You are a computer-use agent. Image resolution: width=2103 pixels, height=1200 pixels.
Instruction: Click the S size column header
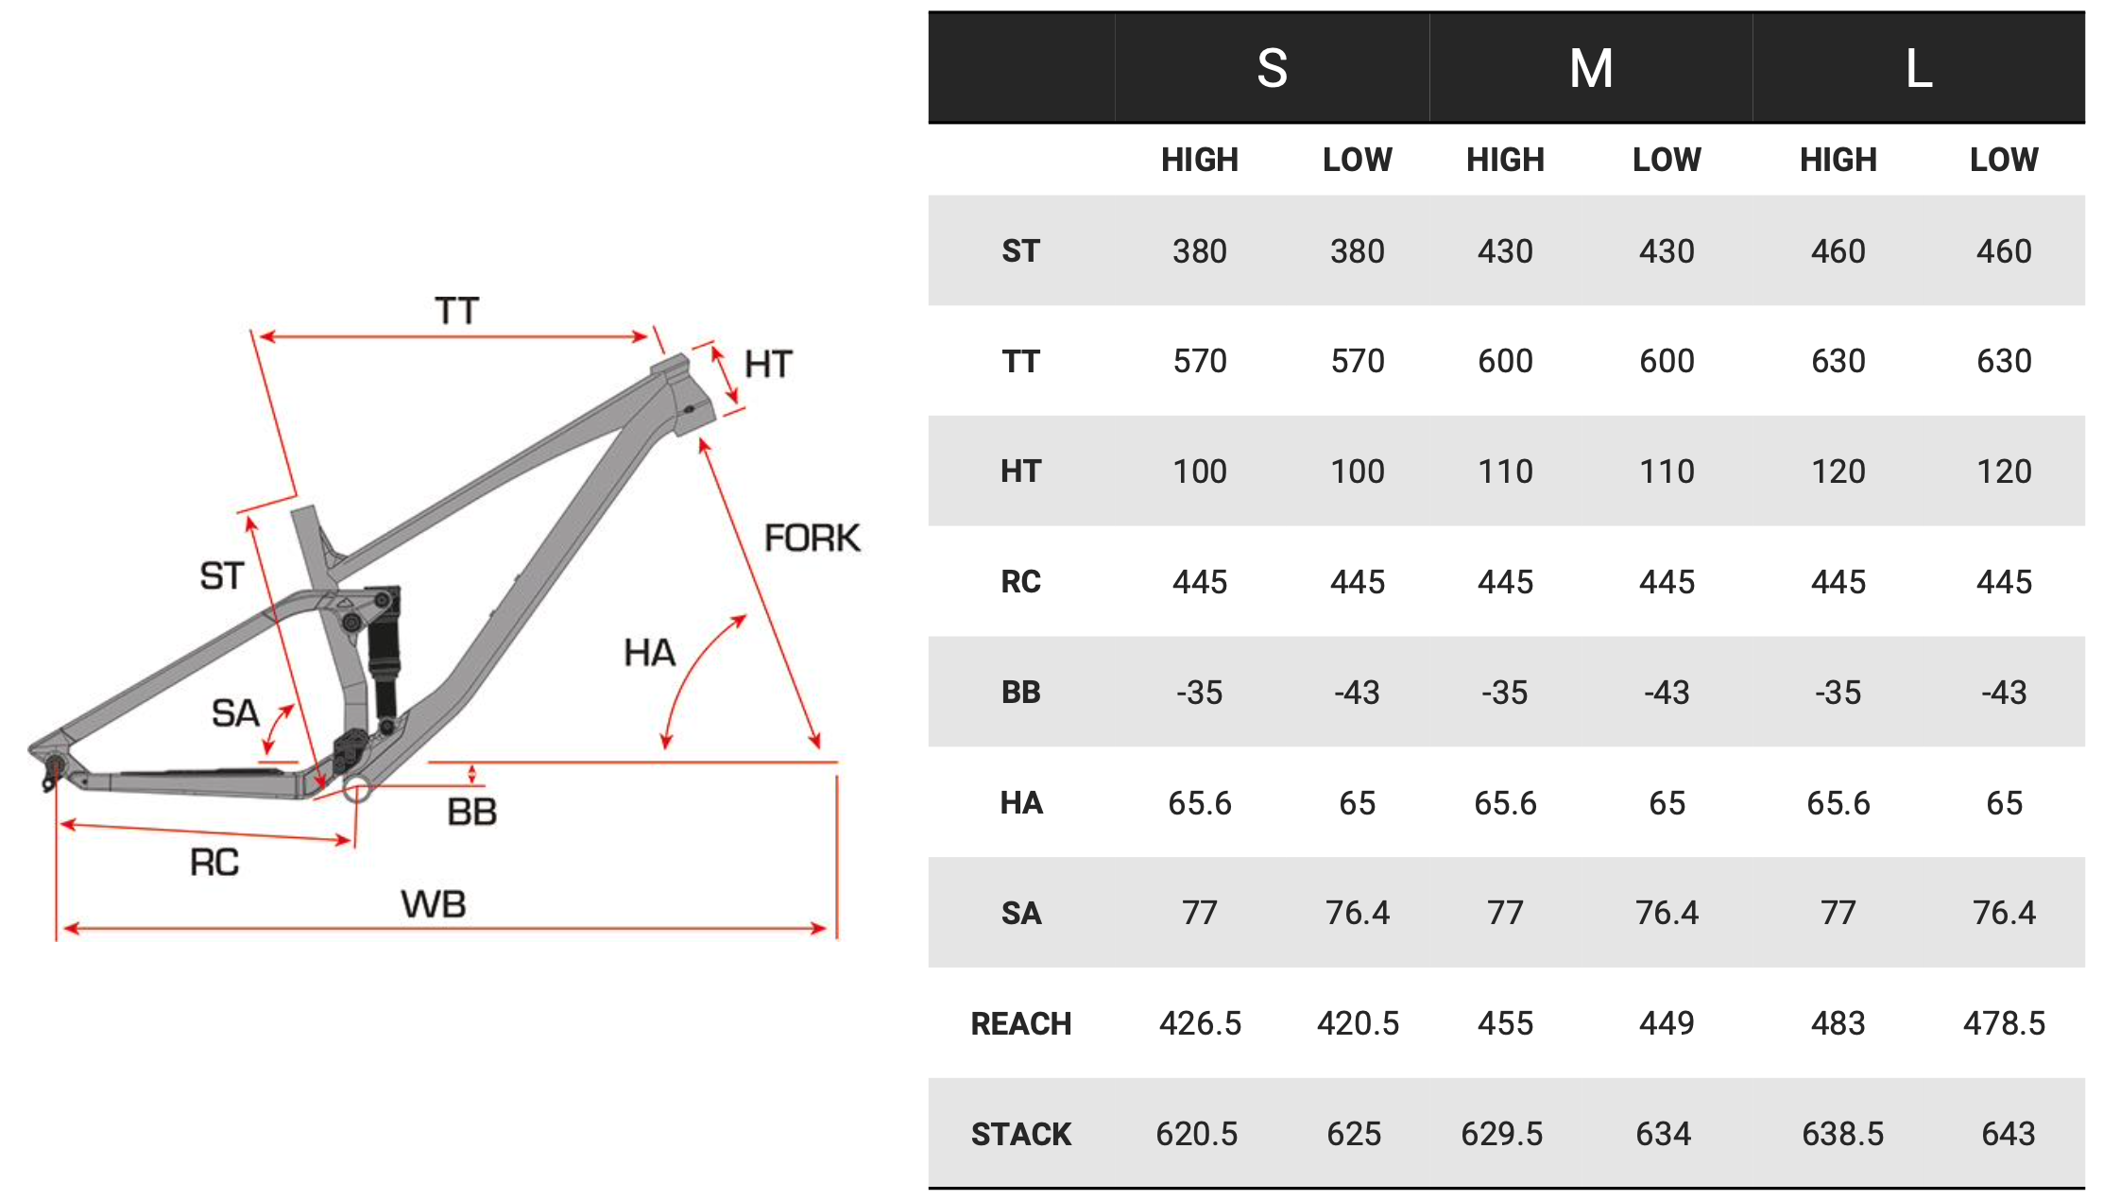point(1272,68)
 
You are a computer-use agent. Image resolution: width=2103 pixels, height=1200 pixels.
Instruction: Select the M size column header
point(1591,68)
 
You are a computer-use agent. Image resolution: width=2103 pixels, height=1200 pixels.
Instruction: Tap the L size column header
point(1919,68)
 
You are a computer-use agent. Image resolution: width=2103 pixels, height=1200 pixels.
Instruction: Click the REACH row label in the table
point(1021,1023)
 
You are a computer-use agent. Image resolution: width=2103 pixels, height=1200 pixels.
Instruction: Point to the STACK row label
point(1021,1134)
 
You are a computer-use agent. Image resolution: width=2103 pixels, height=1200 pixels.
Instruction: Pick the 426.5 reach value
point(1200,1023)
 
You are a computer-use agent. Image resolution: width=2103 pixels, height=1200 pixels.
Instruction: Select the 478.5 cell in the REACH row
point(2004,1023)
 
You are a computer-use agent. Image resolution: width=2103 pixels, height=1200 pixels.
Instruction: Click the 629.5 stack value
point(1502,1134)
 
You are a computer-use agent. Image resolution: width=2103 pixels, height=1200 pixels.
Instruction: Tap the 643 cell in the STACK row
point(2008,1134)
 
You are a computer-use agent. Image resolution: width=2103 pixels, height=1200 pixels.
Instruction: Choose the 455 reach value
point(1506,1023)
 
